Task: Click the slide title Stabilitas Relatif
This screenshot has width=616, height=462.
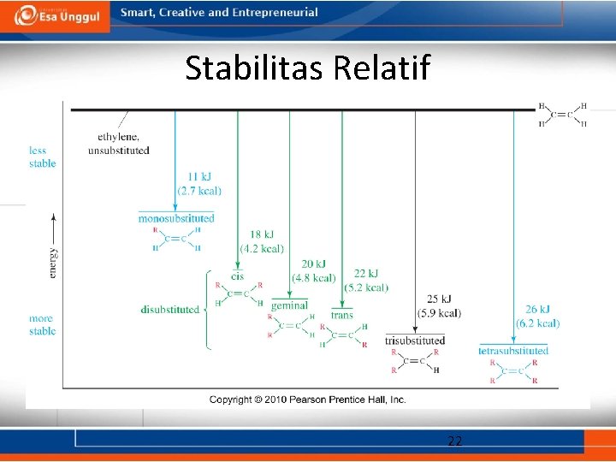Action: (308, 68)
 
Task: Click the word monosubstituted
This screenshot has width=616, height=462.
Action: (176, 218)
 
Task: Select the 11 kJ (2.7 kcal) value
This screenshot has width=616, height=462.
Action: (198, 184)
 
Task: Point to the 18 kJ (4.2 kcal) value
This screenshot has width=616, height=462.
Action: (261, 241)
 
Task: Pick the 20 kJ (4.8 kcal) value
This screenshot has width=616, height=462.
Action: (313, 271)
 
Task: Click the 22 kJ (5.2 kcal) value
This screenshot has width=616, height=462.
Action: (365, 280)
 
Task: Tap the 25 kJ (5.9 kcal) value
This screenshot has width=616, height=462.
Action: (438, 306)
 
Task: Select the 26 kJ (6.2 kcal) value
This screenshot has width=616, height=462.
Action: (537, 316)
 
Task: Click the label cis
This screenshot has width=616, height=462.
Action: (237, 275)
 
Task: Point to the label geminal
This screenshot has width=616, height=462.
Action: (289, 305)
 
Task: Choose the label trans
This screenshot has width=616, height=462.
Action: (341, 315)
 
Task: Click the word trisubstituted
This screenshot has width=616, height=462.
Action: (415, 341)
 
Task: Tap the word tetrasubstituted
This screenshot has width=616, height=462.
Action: (513, 350)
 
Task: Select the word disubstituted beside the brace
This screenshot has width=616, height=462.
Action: (170, 310)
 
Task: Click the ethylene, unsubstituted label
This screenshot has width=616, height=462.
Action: (118, 144)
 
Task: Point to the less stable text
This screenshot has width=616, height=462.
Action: (42, 157)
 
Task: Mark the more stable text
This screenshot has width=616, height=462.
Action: (42, 324)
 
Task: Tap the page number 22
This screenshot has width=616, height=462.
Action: (455, 441)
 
